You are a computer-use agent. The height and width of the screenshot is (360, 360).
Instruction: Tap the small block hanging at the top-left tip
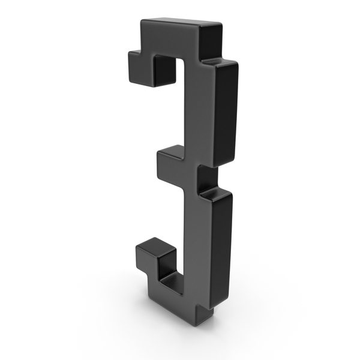140,68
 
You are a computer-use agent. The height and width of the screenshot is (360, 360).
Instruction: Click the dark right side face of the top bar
210,41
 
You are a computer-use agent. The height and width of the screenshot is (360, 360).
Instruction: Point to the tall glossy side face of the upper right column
226,113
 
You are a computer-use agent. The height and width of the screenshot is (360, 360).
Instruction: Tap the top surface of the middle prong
171,152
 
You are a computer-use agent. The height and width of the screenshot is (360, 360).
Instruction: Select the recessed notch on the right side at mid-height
207,179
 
